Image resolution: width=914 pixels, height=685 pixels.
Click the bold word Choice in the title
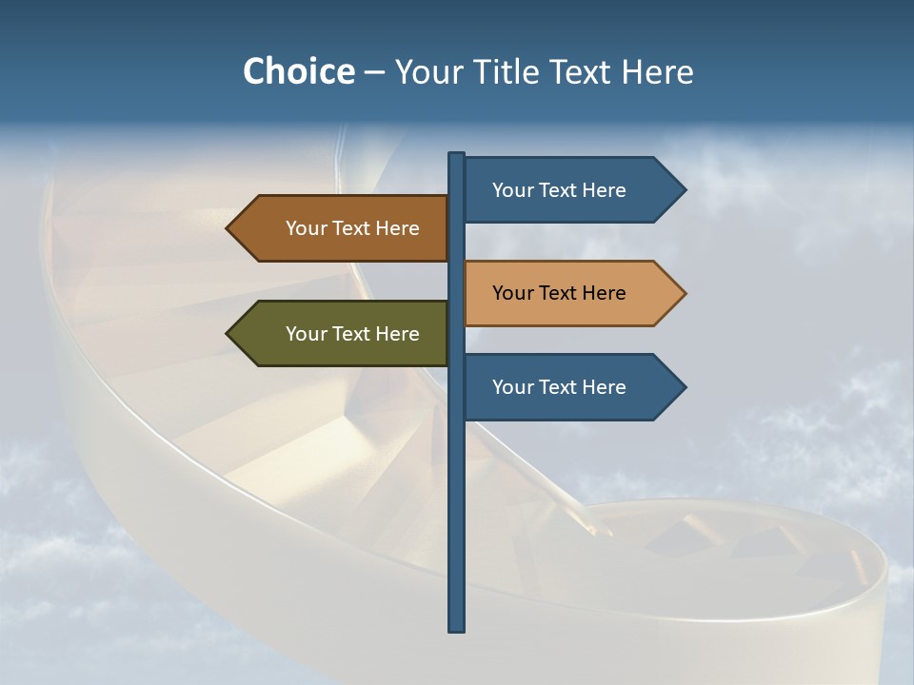298,71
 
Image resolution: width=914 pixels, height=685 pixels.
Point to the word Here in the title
658,71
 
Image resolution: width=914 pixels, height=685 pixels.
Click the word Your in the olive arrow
306,334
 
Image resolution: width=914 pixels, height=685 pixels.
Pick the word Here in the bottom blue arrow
604,387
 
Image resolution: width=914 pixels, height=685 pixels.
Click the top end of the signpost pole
456,156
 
